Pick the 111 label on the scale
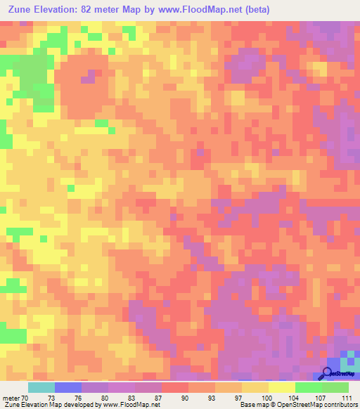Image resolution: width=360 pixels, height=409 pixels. (346, 398)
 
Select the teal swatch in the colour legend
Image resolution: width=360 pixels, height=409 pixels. (41, 387)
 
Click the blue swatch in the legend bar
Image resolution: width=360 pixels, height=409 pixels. (68, 387)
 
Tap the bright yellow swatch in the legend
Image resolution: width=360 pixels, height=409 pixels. (282, 387)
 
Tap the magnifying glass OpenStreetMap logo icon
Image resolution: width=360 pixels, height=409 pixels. (326, 374)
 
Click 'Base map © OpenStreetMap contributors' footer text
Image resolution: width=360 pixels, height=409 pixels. (298, 405)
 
